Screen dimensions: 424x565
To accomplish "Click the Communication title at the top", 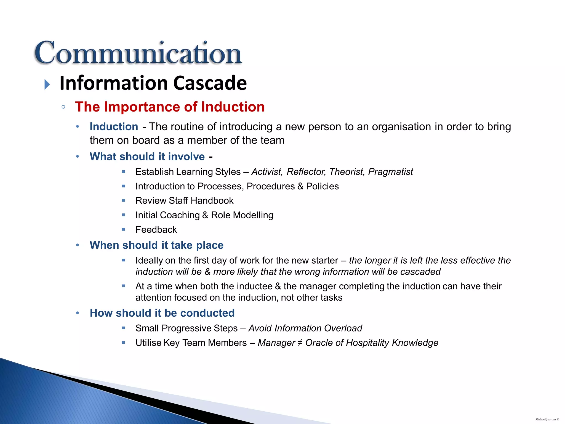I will (138, 53).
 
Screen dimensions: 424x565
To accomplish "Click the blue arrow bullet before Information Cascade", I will (47, 84).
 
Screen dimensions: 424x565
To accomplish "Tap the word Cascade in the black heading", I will (210, 83).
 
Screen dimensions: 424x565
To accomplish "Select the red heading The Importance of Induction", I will (170, 107).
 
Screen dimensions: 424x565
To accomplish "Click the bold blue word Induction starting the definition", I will (114, 127).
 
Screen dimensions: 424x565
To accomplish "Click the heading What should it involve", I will (147, 157).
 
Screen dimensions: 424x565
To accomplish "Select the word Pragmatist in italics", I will (390, 172).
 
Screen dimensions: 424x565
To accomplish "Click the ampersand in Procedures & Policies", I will (300, 186).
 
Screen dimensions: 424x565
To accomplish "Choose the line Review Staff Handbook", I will (184, 201).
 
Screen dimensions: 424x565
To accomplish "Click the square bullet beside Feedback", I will (124, 229).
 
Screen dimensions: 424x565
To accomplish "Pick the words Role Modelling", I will (242, 215).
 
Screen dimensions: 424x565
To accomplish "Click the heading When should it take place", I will (156, 245).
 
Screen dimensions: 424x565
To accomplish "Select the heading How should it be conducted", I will (162, 313).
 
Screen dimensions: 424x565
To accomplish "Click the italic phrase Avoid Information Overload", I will (305, 328).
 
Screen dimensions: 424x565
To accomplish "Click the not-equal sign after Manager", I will (300, 343).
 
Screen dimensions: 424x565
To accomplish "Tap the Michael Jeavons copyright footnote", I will (547, 419).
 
